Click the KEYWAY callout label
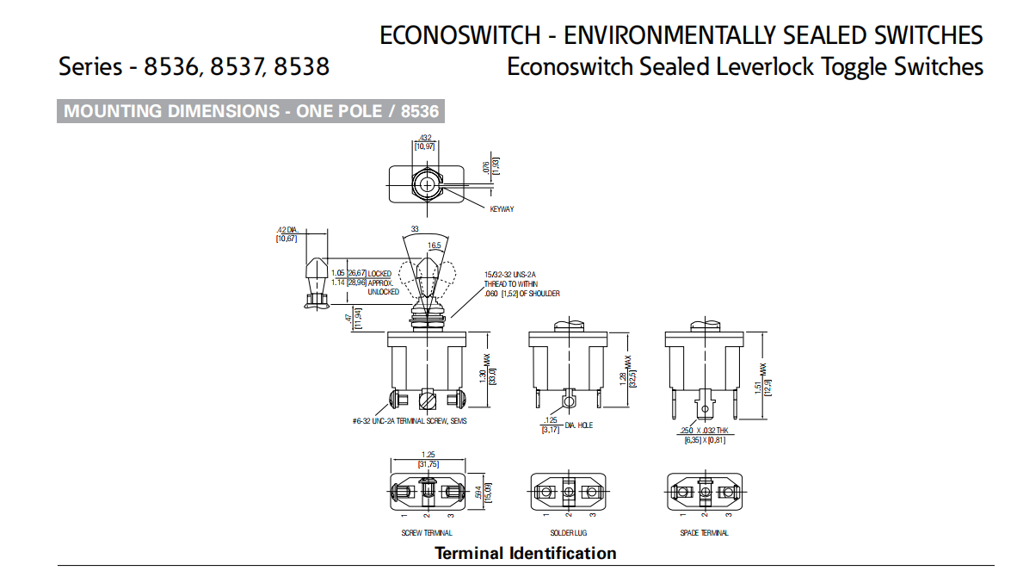(502, 209)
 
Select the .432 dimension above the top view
(424, 138)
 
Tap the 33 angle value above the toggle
(415, 229)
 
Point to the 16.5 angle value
(435, 245)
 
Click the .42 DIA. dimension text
(286, 230)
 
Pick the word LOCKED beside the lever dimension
(379, 274)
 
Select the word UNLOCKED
(384, 292)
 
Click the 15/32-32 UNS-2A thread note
(510, 274)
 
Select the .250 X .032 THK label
(705, 430)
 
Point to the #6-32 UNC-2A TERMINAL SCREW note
(410, 421)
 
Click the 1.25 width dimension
(428, 455)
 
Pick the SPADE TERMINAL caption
(704, 533)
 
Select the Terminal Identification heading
(525, 553)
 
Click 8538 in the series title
(301, 66)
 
